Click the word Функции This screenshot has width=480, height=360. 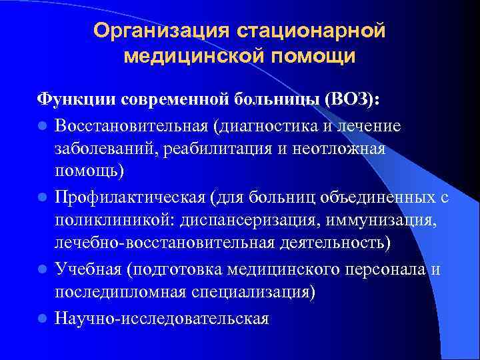pyautogui.click(x=77, y=100)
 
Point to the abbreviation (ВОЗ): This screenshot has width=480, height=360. pyautogui.click(x=352, y=100)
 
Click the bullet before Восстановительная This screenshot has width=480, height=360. pyautogui.click(x=41, y=125)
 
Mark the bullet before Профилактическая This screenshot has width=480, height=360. pyautogui.click(x=41, y=198)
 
